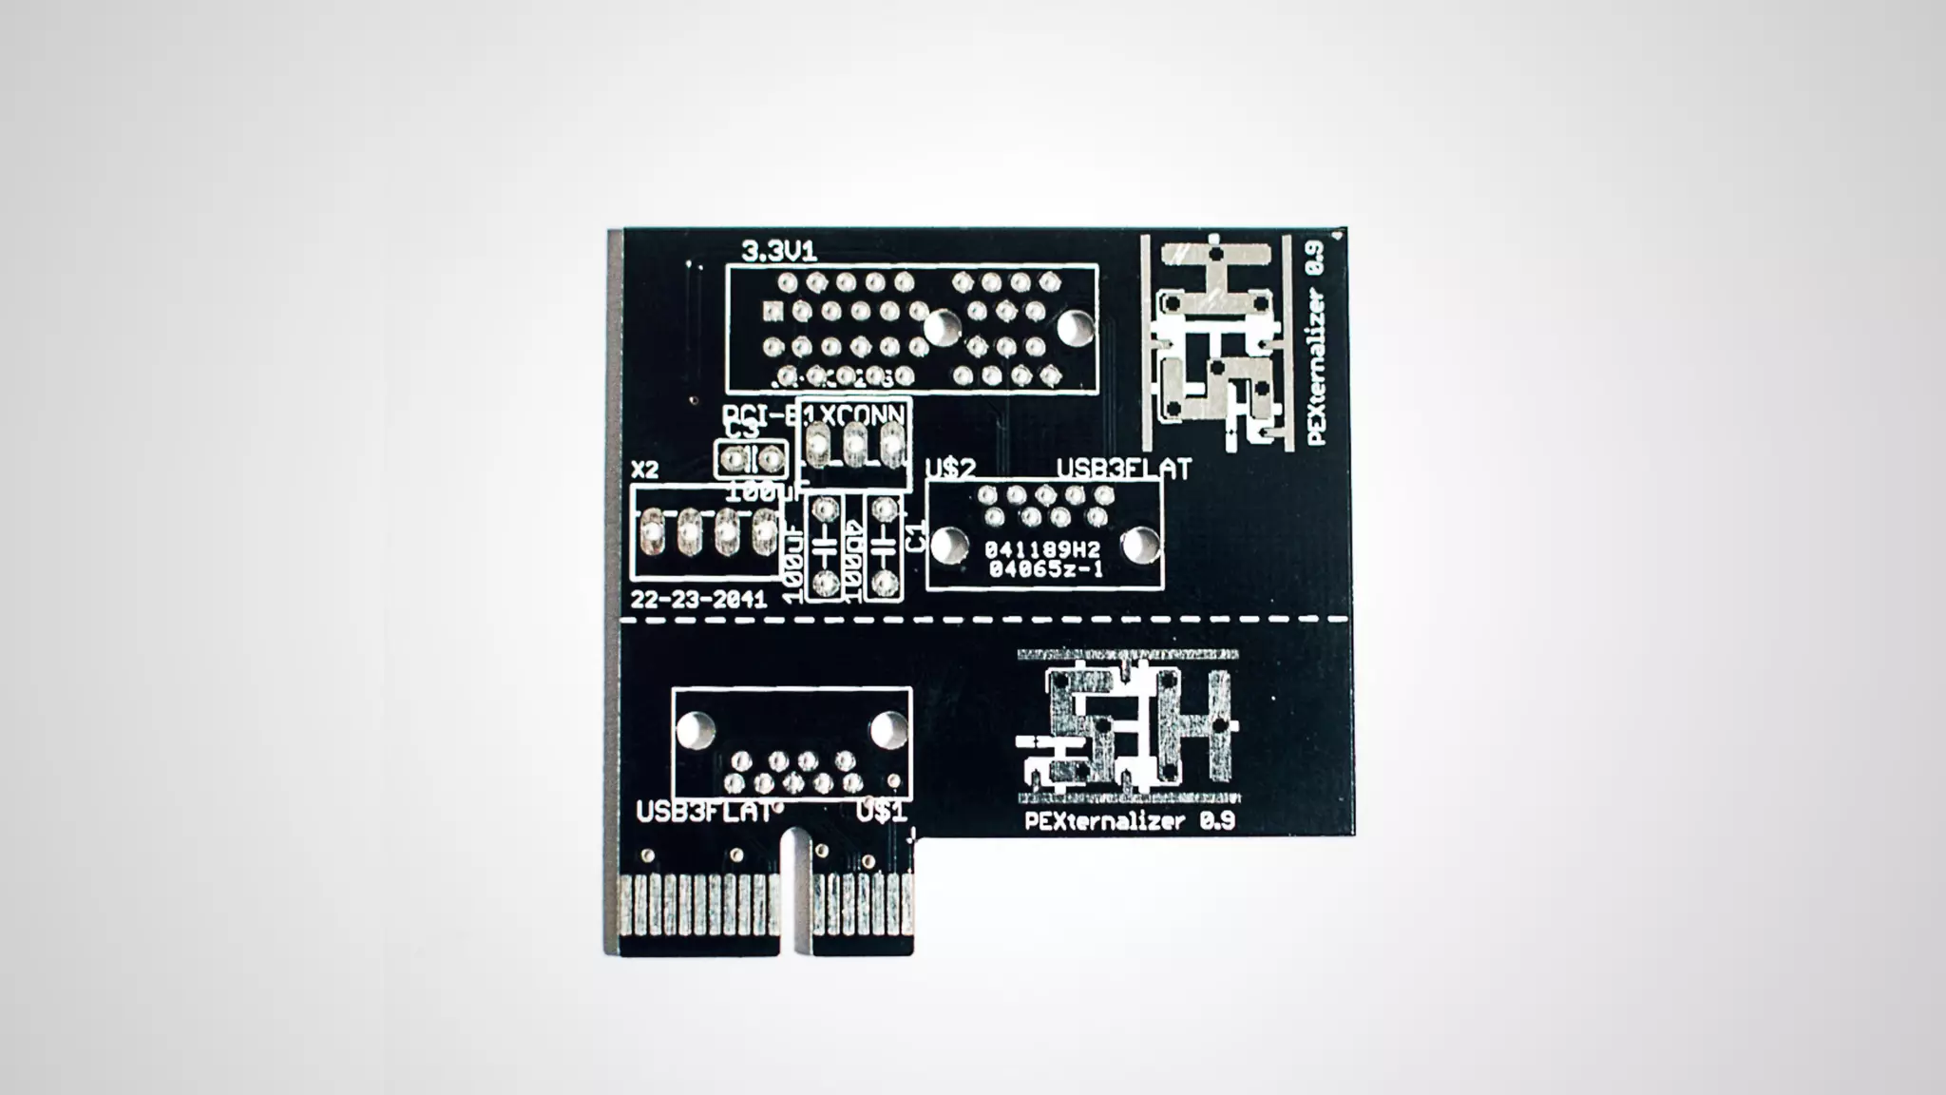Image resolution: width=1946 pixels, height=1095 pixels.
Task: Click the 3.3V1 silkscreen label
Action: [x=778, y=252]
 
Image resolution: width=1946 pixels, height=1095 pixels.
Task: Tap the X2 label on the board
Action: [x=644, y=470]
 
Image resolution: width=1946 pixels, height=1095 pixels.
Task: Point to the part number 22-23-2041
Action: [x=698, y=601]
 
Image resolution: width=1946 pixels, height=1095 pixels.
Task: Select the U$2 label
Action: [x=950, y=469]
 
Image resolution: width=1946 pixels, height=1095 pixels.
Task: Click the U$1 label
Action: [x=881, y=813]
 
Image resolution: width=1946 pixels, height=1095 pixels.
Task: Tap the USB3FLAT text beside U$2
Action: [x=1124, y=469]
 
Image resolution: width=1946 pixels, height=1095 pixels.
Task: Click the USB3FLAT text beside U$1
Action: [x=703, y=814]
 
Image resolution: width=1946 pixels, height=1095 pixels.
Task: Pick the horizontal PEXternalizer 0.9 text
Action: [x=1130, y=821]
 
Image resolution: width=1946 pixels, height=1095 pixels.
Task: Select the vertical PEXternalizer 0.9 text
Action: [x=1316, y=342]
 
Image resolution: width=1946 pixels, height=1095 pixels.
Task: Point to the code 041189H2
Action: [x=1041, y=550]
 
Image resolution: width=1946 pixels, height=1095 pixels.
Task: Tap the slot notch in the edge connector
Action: [x=795, y=893]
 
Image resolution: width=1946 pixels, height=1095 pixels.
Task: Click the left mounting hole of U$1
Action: [x=695, y=730]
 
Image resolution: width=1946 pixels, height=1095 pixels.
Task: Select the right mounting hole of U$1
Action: [x=887, y=730]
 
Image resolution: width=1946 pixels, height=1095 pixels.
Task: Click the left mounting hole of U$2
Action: [x=945, y=546]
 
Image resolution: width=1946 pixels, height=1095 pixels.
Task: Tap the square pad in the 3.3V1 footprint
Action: [x=773, y=311]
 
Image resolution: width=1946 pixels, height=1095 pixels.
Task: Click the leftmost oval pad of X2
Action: [x=652, y=531]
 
